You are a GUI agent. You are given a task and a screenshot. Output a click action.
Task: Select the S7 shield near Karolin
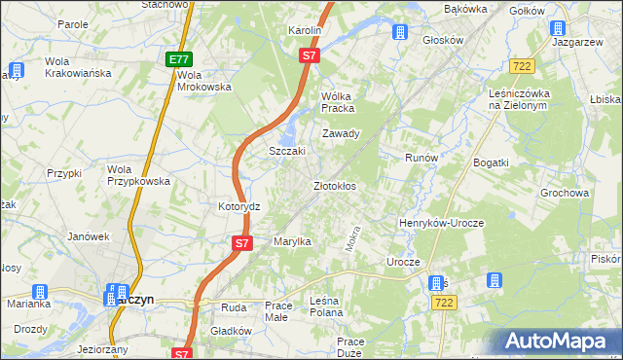[x=309, y=56]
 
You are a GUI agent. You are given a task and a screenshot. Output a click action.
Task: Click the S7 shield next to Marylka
[x=242, y=242]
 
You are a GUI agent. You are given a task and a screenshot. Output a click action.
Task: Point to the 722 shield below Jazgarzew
[x=521, y=64]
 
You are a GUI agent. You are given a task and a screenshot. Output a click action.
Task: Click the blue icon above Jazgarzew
[x=558, y=29]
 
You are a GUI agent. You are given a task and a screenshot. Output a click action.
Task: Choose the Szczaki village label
[x=287, y=152]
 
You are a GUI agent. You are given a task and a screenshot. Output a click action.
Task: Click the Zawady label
[x=342, y=134]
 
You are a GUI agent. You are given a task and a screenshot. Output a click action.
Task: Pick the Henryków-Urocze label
[x=441, y=223]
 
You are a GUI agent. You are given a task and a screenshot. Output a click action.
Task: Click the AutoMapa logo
[x=562, y=342]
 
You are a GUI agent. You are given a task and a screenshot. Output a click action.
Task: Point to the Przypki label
[x=63, y=173]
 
